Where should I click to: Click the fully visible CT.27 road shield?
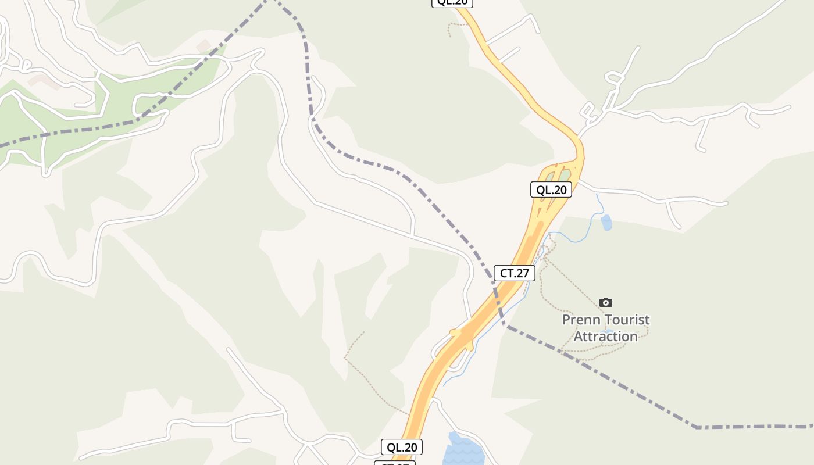click(x=514, y=273)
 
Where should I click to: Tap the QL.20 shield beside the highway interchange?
click(x=551, y=189)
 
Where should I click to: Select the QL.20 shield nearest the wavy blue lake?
click(x=401, y=447)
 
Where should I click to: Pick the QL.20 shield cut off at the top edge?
click(x=452, y=2)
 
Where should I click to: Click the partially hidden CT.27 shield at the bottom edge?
click(x=395, y=463)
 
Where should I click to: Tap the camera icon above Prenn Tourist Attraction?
click(x=606, y=302)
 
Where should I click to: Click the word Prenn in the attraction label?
click(x=581, y=320)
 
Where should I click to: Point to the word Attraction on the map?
click(x=605, y=337)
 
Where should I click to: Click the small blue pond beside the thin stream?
click(x=606, y=222)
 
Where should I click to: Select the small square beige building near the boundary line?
click(x=203, y=45)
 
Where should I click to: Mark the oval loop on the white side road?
click(x=613, y=77)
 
